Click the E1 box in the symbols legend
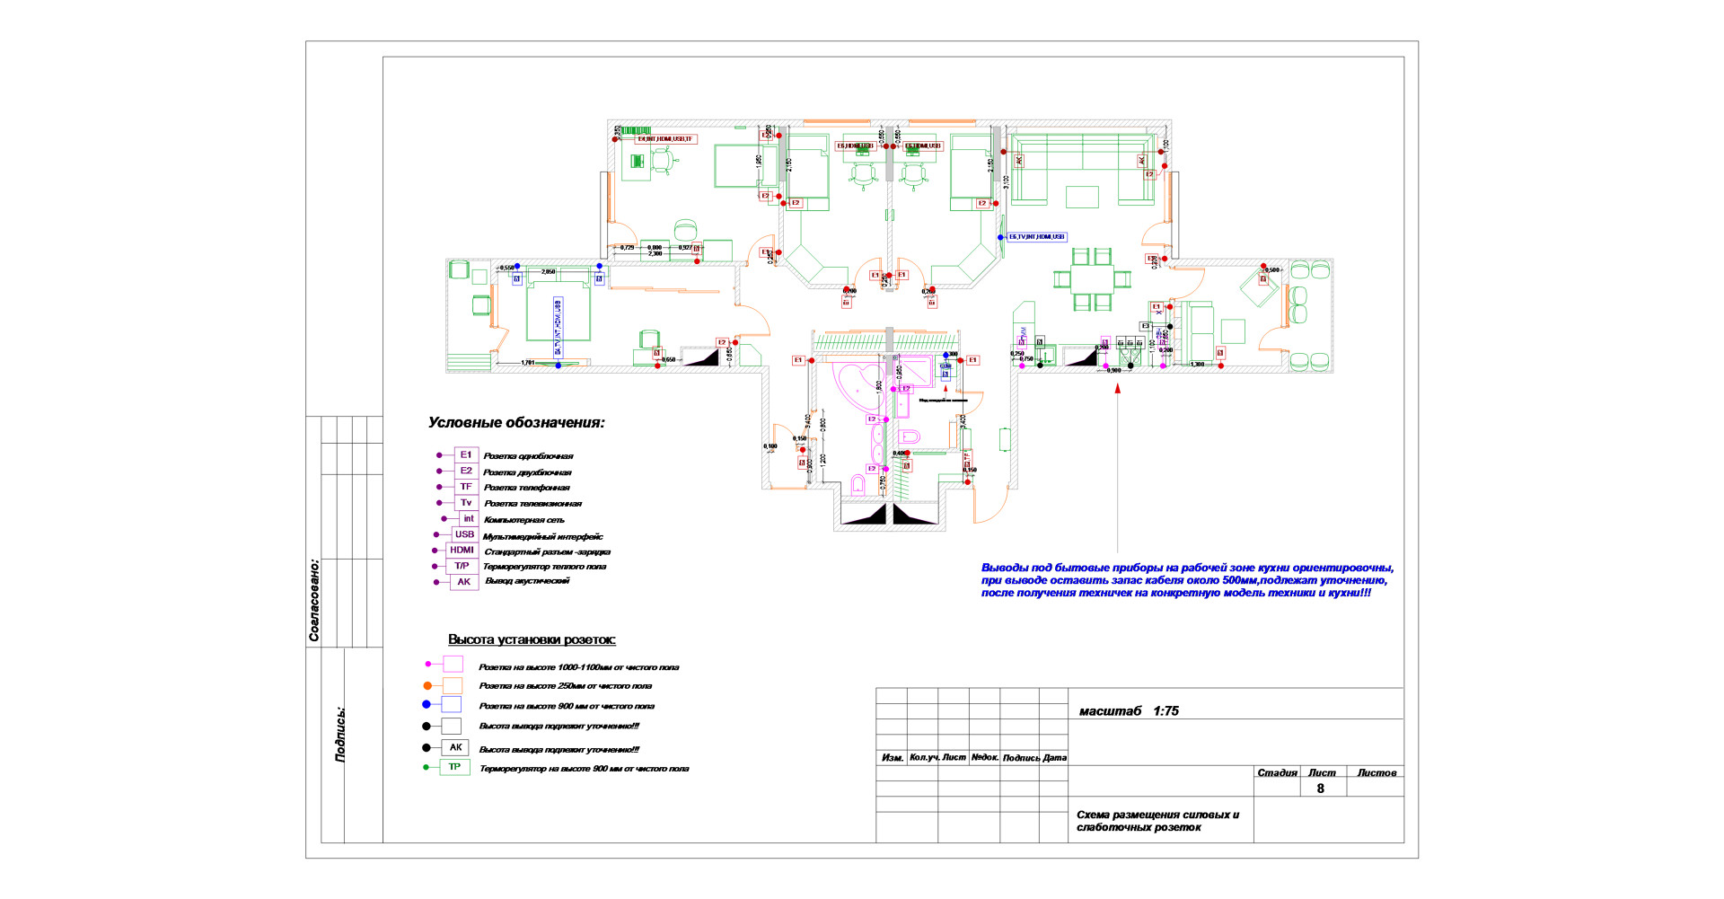(x=465, y=455)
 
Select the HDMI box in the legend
(x=462, y=551)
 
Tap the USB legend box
(x=464, y=534)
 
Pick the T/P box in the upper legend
(x=462, y=567)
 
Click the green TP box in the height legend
(x=454, y=767)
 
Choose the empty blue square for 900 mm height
(x=451, y=705)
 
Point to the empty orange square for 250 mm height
(x=453, y=686)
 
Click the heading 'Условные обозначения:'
(x=516, y=423)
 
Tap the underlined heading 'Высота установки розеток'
(x=532, y=640)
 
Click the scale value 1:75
(x=1165, y=711)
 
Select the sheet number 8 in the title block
(x=1320, y=789)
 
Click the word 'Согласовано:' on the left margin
(x=314, y=600)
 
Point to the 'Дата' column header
(x=1055, y=758)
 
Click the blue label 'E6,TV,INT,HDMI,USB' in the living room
(x=1036, y=237)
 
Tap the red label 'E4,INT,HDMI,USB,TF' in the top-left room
(x=665, y=139)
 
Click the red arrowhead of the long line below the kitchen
(x=1118, y=389)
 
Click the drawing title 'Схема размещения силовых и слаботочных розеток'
(x=1157, y=821)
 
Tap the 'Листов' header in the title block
(x=1377, y=773)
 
